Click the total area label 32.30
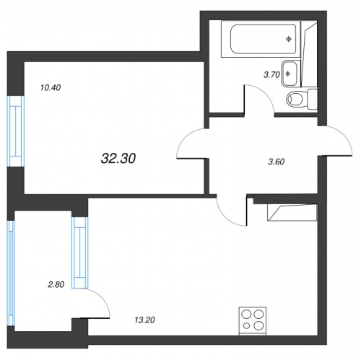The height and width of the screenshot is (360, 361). point(118,159)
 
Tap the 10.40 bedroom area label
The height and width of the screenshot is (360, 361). point(51,88)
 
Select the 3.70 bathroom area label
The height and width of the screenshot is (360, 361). point(271,75)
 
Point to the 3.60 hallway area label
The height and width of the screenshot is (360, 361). point(277,162)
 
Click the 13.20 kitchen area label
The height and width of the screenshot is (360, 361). point(144,320)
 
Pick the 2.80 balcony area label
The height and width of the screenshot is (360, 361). point(56,285)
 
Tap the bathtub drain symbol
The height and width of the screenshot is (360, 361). point(289,39)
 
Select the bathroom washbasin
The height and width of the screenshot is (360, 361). point(290,74)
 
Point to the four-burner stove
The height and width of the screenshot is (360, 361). point(253,321)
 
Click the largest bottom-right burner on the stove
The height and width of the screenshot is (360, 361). point(259,325)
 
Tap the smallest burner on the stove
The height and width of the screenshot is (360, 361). point(246,326)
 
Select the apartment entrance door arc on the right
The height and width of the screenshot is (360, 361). point(344,136)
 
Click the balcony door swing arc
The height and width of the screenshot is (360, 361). point(103,298)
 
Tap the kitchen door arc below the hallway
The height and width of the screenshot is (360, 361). point(224,217)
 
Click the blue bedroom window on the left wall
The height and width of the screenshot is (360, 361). point(17,131)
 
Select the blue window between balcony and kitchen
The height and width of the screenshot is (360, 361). point(80,253)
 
